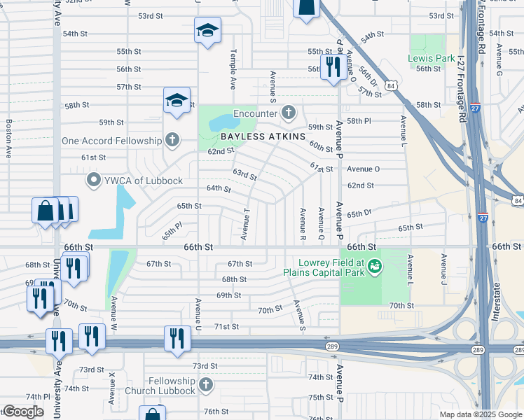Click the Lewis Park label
[427, 58]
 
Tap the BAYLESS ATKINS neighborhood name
[263, 136]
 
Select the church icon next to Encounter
[289, 112]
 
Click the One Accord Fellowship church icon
[172, 141]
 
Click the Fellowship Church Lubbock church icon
[205, 384]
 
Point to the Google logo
[22, 412]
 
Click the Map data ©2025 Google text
[480, 414]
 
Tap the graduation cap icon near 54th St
[207, 30]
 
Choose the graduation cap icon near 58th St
[177, 101]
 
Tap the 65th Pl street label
[172, 230]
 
